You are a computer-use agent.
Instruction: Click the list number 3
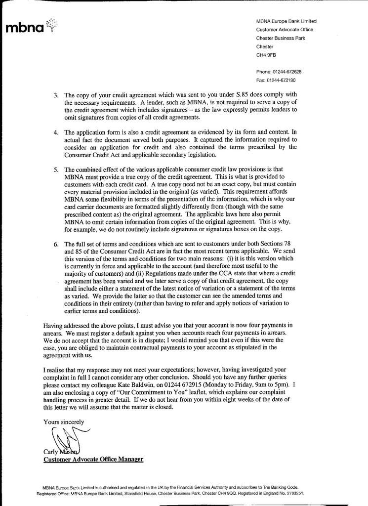56,95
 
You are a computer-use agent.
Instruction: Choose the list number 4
56,132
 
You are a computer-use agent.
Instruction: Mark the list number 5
56,169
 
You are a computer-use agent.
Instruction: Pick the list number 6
56,244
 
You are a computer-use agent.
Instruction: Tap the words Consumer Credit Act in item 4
93,155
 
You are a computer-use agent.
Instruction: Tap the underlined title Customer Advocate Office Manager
93,460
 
